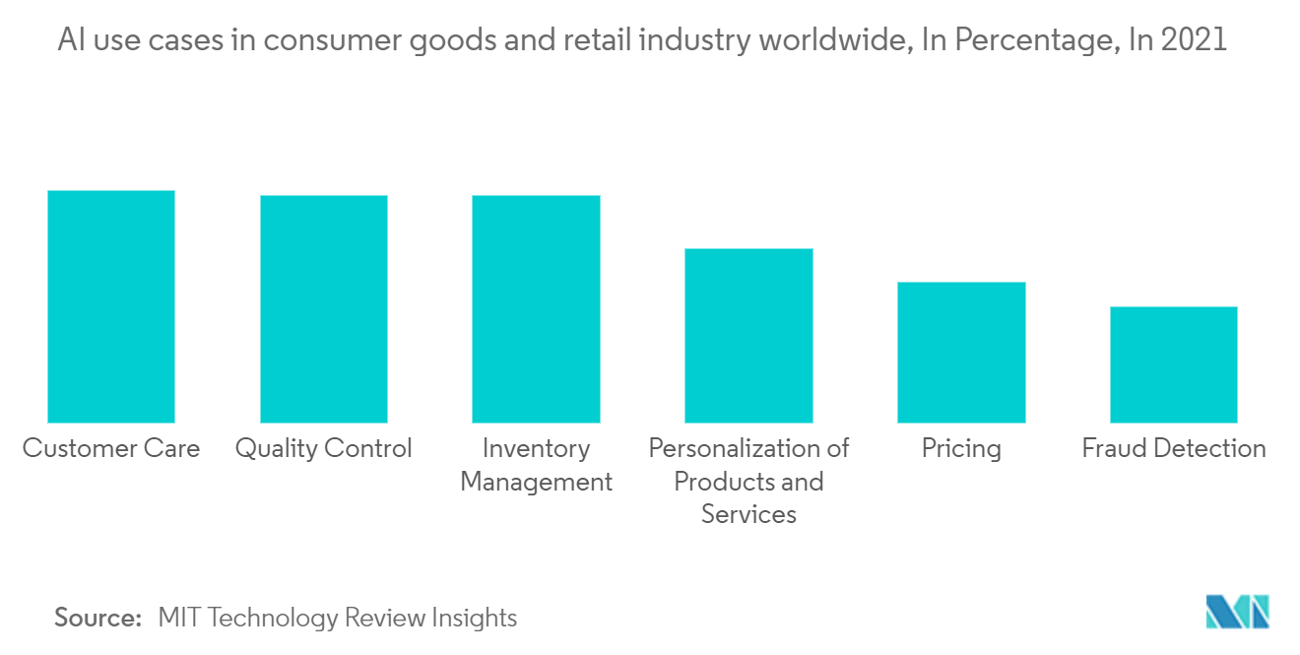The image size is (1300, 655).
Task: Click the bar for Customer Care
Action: (111, 306)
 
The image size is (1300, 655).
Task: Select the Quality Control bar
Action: (324, 308)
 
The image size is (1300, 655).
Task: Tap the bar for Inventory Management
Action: (536, 308)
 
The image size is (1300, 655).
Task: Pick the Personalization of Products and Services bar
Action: (748, 335)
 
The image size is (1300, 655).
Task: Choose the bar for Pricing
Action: (961, 352)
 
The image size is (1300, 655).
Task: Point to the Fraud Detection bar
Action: (1173, 364)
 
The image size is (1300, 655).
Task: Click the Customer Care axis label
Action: (111, 449)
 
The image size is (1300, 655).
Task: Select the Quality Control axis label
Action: (324, 449)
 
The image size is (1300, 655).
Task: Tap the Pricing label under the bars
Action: (961, 449)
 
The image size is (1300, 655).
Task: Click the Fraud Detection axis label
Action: (1174, 449)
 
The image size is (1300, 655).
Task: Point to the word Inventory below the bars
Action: (536, 449)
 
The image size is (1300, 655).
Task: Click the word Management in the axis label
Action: (536, 482)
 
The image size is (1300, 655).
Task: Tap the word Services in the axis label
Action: (748, 514)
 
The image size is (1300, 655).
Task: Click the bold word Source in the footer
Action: (97, 619)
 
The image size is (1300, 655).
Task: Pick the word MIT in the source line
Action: (179, 619)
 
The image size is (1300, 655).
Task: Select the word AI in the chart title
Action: (69, 40)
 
